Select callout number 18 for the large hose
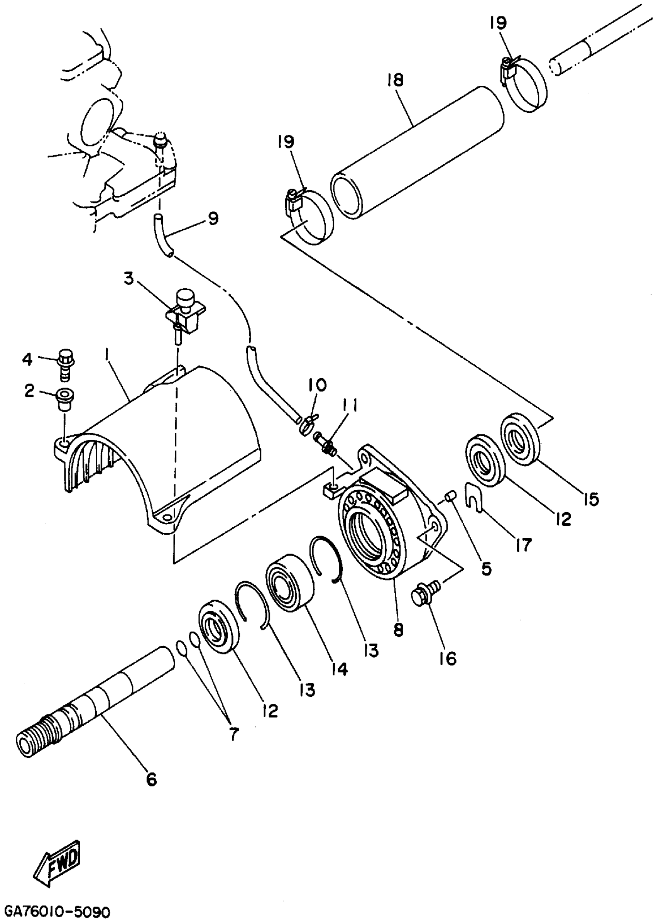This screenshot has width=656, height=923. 395,80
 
